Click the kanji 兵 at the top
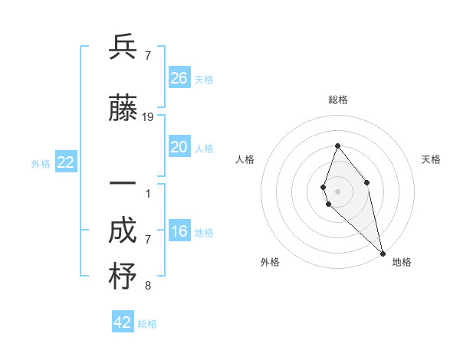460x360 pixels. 123,47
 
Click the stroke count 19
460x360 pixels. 149,117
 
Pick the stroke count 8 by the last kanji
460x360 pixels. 147,286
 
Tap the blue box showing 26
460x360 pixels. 179,78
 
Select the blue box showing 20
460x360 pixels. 179,147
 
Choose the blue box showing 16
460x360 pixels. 179,231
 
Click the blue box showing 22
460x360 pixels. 66,162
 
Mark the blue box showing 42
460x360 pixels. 123,322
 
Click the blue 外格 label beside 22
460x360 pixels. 41,164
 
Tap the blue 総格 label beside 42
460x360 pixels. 147,324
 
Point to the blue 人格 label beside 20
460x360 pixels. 204,149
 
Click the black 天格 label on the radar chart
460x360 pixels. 432,159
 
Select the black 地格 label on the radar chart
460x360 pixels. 402,262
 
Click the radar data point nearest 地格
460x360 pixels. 382,253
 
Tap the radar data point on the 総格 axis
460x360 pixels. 337,146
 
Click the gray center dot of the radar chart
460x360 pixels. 337,191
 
